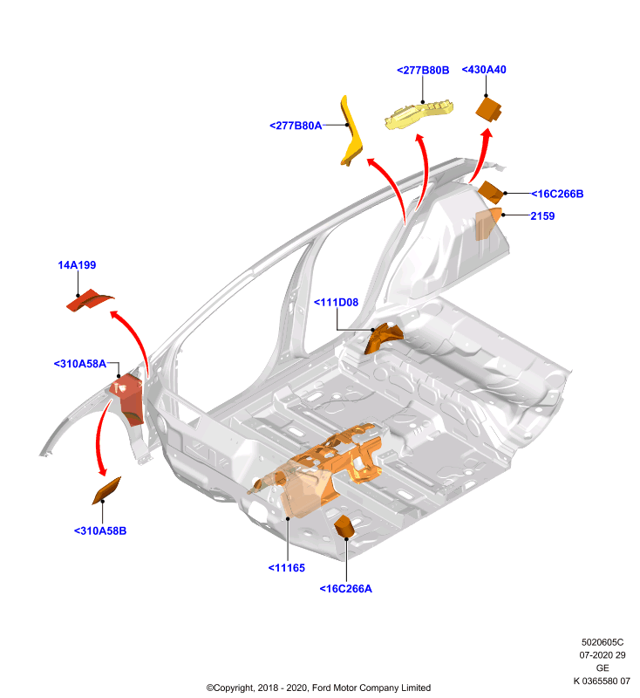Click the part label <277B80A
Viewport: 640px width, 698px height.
(x=296, y=126)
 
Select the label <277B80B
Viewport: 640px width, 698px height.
(x=423, y=71)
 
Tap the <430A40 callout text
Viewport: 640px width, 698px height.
(x=484, y=70)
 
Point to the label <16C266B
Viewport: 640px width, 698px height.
(x=557, y=194)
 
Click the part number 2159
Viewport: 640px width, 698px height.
(x=542, y=216)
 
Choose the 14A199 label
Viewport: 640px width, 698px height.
(x=77, y=265)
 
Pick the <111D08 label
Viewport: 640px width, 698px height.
(x=337, y=302)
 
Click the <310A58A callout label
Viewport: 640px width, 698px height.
(x=80, y=364)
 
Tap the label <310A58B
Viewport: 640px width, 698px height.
(x=100, y=530)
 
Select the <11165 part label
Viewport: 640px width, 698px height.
(x=286, y=568)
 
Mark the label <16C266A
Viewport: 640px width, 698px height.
(x=345, y=588)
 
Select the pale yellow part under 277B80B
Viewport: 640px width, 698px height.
(x=418, y=115)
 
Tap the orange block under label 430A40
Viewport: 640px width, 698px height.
(x=488, y=110)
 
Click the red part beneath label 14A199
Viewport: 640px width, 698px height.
(x=89, y=300)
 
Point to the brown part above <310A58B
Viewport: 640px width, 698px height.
(x=106, y=490)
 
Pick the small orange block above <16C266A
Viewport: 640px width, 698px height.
(x=344, y=525)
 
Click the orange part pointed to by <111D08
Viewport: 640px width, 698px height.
(x=383, y=338)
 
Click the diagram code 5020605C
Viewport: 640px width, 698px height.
(x=603, y=642)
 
